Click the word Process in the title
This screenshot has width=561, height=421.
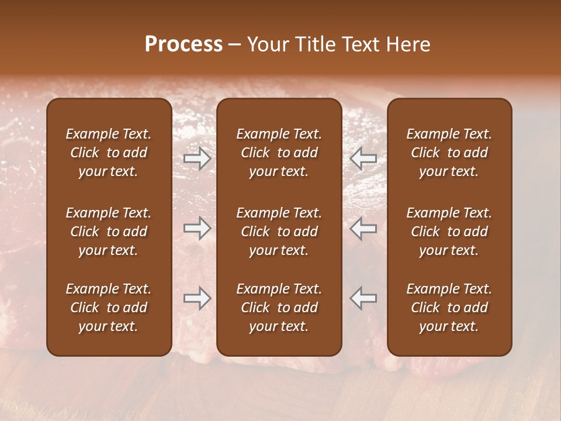click(x=183, y=44)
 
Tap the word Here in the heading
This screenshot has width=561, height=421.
click(x=407, y=44)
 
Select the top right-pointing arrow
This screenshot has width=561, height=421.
click(x=197, y=158)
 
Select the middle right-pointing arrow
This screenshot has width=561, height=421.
click(x=197, y=228)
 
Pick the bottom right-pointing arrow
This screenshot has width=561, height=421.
click(x=197, y=298)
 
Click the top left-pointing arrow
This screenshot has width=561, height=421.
click(x=363, y=158)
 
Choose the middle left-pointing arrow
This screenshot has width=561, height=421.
click(x=363, y=228)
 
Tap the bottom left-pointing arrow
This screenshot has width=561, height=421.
click(x=363, y=298)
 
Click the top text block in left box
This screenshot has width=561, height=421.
click(x=109, y=153)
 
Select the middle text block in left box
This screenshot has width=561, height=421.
click(x=109, y=232)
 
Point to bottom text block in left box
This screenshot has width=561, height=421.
click(x=109, y=308)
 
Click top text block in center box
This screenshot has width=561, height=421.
click(x=279, y=153)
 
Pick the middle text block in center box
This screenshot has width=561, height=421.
click(x=279, y=232)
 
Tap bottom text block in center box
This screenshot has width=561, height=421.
click(x=279, y=308)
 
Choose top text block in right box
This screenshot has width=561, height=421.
click(x=449, y=153)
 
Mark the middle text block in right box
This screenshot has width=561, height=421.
click(x=449, y=232)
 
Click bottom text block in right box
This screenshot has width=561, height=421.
click(x=449, y=308)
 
